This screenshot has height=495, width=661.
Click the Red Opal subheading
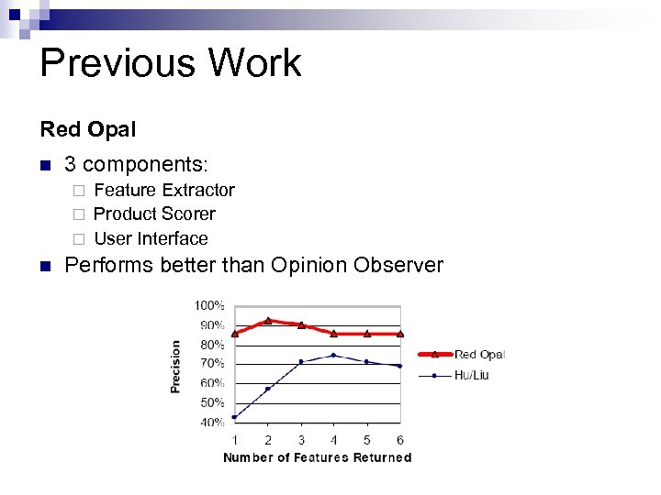point(87,129)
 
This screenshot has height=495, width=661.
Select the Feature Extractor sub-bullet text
point(164,191)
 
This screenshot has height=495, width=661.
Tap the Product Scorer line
point(154,214)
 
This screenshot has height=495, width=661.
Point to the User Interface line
point(151,239)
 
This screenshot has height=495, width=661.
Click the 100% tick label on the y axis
point(210,305)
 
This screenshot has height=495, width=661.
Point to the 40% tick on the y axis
point(212,423)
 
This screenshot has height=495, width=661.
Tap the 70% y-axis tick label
point(212,364)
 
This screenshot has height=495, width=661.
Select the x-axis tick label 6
point(399,440)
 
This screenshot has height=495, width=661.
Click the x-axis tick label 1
point(235,440)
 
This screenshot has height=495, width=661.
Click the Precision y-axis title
point(175,367)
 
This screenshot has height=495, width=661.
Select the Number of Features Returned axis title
point(318,457)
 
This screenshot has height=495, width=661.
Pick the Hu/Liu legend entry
point(471,375)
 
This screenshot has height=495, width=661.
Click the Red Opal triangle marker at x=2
point(268,320)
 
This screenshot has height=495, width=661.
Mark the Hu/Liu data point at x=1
point(235,417)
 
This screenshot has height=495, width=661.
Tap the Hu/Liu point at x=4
point(334,355)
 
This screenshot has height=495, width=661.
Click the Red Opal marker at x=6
point(399,333)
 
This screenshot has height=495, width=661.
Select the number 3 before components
point(70,165)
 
